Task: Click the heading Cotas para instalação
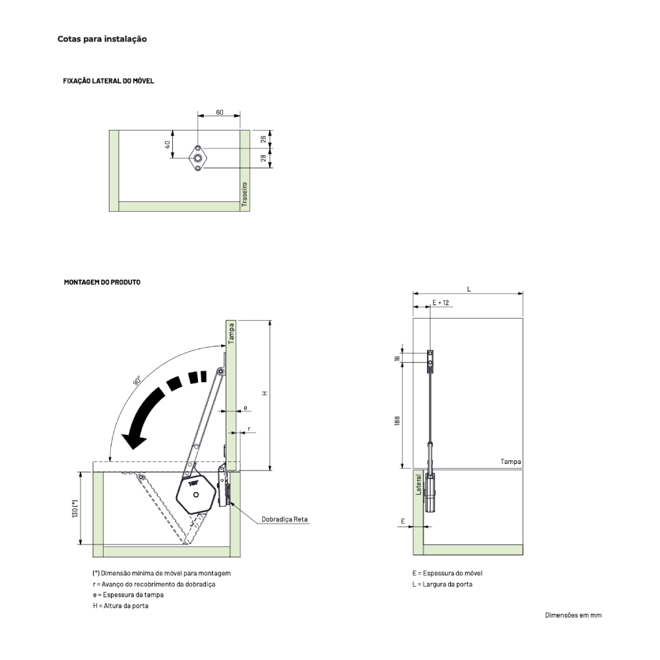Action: click(x=102, y=39)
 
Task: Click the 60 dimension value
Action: click(x=220, y=112)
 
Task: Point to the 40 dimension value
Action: click(x=168, y=145)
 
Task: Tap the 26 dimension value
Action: click(x=263, y=139)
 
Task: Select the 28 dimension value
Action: click(x=263, y=158)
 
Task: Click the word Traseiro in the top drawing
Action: click(x=245, y=194)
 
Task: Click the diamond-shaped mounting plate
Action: click(x=197, y=158)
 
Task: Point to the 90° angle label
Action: click(x=137, y=381)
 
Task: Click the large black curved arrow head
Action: click(x=134, y=441)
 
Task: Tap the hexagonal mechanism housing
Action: click(x=197, y=493)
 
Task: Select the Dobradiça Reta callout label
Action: click(x=284, y=519)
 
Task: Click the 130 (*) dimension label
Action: click(x=75, y=508)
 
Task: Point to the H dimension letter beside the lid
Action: click(x=265, y=393)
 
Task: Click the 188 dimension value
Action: click(x=397, y=420)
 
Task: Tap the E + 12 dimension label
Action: click(x=441, y=303)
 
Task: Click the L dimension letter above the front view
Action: click(x=469, y=289)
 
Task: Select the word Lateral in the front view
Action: click(x=418, y=484)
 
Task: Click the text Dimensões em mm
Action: click(x=574, y=615)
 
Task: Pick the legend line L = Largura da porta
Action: click(x=442, y=584)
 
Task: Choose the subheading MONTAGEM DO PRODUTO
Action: click(x=102, y=282)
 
